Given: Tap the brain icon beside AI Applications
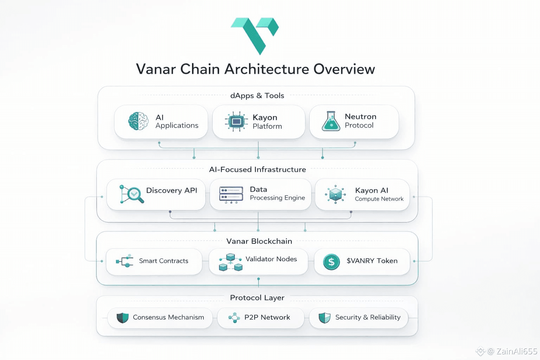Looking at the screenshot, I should coord(138,121).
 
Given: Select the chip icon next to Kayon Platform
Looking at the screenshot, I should coord(236,122).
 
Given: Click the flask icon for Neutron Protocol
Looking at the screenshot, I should coord(331,122).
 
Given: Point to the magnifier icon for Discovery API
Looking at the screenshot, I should coord(132,194).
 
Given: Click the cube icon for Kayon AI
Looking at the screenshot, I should coord(335,194).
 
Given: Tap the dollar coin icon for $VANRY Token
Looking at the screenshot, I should coord(331,262).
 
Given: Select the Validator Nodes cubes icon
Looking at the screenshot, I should coord(231,262).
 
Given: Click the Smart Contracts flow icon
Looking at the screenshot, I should coord(125,261).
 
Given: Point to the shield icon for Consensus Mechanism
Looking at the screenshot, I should coord(123,318).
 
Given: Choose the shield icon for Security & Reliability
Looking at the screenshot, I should coord(324,318).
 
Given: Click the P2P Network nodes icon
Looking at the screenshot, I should coord(234,318).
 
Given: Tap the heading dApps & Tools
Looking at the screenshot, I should coord(257,96).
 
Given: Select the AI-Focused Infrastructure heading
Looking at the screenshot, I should coord(257,169).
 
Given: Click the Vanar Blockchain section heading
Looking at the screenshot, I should coord(259,241).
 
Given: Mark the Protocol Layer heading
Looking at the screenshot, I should coord(257,298).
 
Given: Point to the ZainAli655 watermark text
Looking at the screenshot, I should coord(516,351).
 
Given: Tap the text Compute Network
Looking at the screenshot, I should coord(379,199).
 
